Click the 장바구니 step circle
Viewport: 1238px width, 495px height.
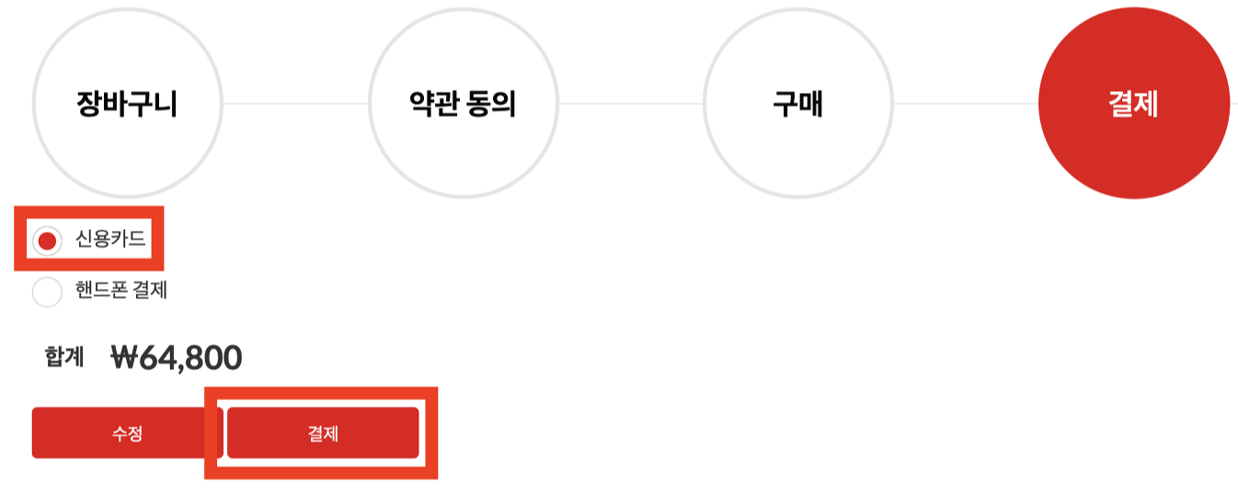coord(127,104)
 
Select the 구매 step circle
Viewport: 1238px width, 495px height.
coord(797,104)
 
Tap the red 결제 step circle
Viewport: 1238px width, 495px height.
coord(1133,104)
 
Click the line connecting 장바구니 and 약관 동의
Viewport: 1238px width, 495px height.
coord(294,104)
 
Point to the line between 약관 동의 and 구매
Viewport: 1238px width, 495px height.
coord(630,104)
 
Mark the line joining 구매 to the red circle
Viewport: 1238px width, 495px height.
coord(966,104)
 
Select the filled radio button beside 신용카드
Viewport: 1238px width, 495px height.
coord(47,241)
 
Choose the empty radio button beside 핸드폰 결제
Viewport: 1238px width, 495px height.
coord(47,292)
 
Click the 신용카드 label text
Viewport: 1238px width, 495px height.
coord(110,240)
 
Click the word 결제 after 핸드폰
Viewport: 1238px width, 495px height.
coord(150,291)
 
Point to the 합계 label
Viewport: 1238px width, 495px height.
coord(63,357)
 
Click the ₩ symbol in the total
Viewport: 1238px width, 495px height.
coord(123,357)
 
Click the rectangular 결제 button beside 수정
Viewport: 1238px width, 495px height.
coord(323,432)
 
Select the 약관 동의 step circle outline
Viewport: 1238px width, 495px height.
coord(463,13)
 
